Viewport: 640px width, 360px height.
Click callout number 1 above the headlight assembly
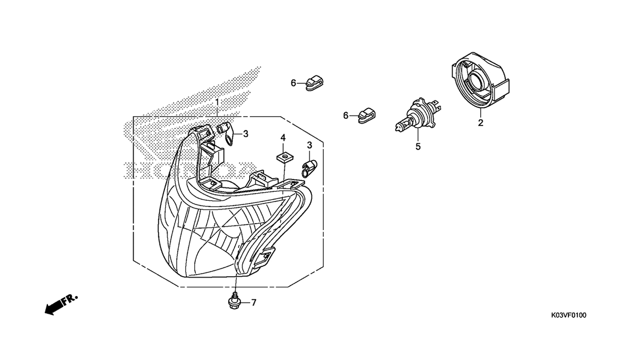(x=217, y=102)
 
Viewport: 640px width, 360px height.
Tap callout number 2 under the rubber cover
(x=481, y=123)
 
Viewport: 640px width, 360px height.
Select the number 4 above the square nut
(x=283, y=138)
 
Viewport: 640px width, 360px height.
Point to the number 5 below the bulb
(x=418, y=147)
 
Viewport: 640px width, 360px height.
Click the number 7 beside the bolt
(x=254, y=302)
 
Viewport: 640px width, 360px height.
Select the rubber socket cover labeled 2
(x=481, y=81)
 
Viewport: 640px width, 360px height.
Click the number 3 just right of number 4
(x=309, y=145)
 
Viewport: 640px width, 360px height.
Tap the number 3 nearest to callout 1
(x=246, y=134)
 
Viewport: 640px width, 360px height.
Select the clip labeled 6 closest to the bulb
(x=366, y=116)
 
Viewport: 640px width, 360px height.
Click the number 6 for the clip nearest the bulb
(x=346, y=116)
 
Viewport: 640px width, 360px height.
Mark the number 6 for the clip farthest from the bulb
(x=293, y=83)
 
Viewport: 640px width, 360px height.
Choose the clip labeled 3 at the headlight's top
(x=226, y=132)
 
